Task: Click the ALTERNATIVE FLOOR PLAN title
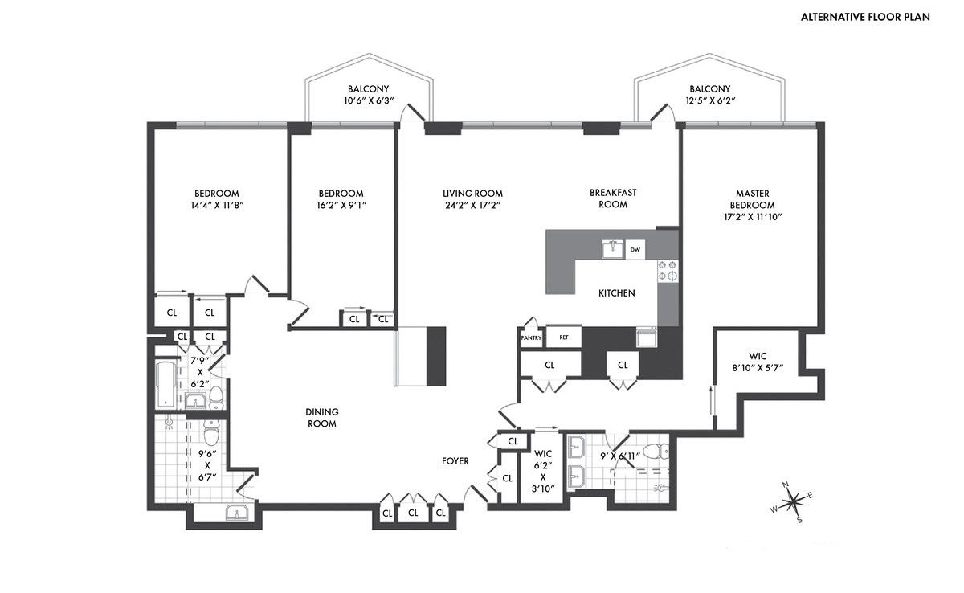pos(865,17)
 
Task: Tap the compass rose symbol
pos(794,502)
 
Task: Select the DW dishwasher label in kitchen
pos(635,250)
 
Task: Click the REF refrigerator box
pos(564,337)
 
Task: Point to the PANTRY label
pos(531,338)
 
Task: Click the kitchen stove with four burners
pos(668,270)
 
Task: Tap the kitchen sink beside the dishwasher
pos(612,249)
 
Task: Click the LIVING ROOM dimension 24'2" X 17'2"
pos(472,205)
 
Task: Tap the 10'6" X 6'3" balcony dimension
pos(369,101)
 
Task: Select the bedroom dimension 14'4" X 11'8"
pos(217,205)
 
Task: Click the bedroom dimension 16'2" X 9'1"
pos(341,205)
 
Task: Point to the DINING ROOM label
pos(321,418)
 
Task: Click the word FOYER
pos(455,461)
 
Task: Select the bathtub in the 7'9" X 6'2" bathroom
pos(165,383)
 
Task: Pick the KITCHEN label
pos(616,293)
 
